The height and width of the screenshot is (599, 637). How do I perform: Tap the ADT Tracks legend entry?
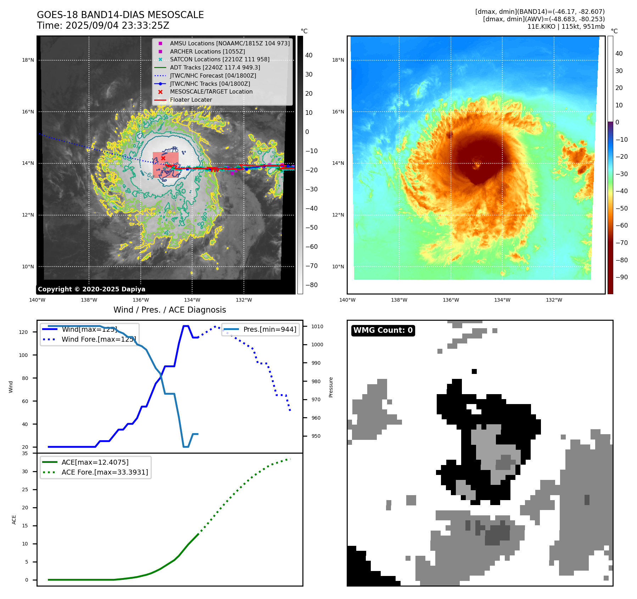click(x=215, y=67)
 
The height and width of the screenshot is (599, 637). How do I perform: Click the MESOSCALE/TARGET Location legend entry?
click(x=211, y=92)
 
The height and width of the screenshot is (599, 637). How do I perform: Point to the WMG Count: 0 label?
click(x=383, y=330)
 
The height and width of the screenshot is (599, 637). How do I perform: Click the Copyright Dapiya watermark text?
click(x=91, y=289)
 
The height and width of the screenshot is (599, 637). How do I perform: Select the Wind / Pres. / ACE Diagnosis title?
click(x=169, y=310)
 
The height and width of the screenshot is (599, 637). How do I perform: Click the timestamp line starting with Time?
click(x=103, y=26)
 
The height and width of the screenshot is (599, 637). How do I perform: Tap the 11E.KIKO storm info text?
click(x=566, y=27)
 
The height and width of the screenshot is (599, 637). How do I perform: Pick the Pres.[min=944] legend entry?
click(x=269, y=329)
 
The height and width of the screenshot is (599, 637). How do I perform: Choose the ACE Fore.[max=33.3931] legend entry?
click(x=105, y=472)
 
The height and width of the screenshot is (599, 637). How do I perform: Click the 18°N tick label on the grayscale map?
click(x=28, y=60)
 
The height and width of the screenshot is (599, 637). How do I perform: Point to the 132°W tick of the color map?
click(x=554, y=300)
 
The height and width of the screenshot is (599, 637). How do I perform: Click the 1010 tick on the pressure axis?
click(x=317, y=326)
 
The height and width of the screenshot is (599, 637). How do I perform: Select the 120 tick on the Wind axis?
click(x=23, y=332)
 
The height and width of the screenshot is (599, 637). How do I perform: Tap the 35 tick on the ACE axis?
click(x=25, y=453)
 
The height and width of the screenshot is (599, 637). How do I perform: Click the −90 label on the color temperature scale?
click(x=621, y=277)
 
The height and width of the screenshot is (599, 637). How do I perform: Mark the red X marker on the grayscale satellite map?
click(x=163, y=158)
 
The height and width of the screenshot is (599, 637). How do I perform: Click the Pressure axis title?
click(x=331, y=387)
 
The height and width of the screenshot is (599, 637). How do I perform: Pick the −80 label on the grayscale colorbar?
click(x=312, y=285)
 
